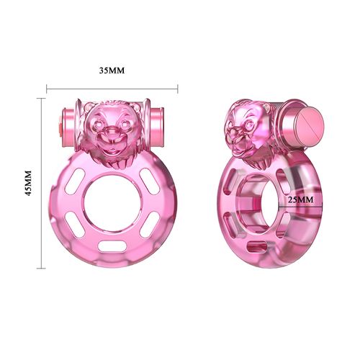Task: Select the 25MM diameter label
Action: [299, 198]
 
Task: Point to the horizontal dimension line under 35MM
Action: [112, 89]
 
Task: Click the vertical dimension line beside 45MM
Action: [41, 184]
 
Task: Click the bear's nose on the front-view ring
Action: [111, 131]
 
